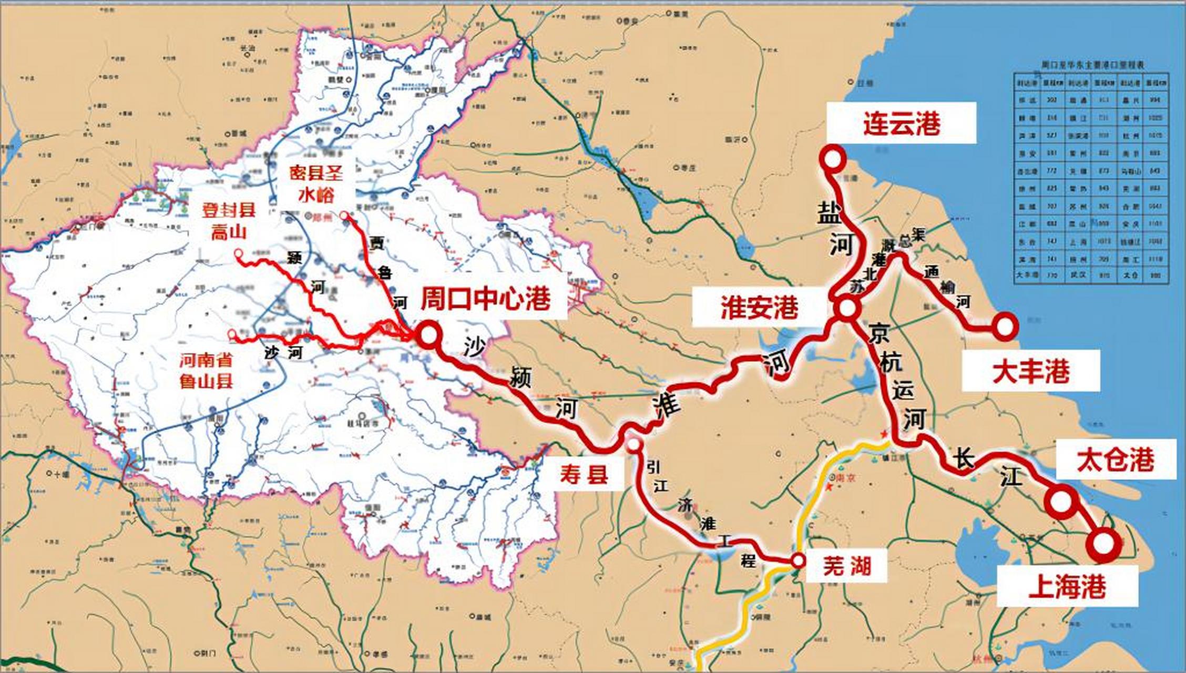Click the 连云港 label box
(x=901, y=124)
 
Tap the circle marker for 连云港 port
(x=834, y=157)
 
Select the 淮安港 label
(x=759, y=308)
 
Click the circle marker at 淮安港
(x=847, y=309)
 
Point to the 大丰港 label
(x=1030, y=371)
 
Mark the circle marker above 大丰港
(x=1005, y=327)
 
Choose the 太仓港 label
(x=1116, y=460)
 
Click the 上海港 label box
(x=1067, y=586)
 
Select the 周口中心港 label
(x=485, y=300)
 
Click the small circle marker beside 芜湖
(x=798, y=560)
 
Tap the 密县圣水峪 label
(x=316, y=184)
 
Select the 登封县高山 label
(x=229, y=221)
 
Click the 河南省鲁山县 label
(x=206, y=371)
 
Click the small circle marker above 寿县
(x=635, y=445)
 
